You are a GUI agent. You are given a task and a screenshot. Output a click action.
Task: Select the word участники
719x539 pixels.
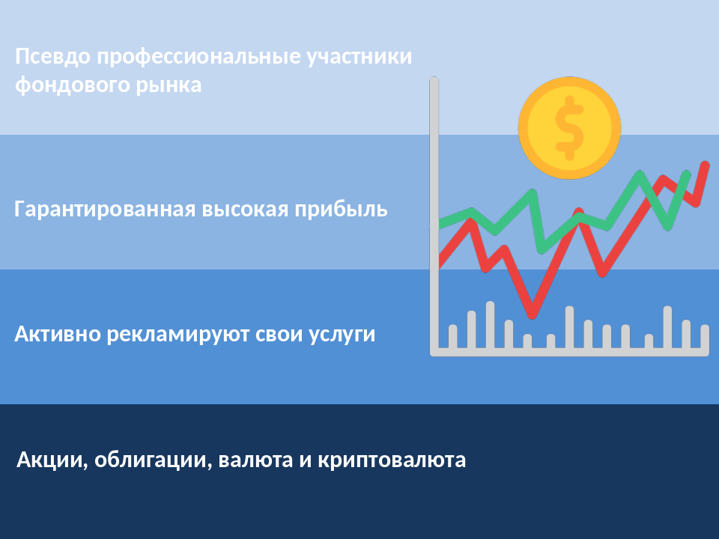coord(359,57)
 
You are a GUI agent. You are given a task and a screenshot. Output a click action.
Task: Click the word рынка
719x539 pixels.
coord(169,85)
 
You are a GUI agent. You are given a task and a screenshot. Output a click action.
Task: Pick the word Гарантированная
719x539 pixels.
coord(105,210)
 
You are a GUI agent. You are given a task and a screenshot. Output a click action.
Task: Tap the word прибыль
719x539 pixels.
coord(342,210)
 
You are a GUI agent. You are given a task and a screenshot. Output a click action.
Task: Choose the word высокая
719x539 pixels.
coord(246,210)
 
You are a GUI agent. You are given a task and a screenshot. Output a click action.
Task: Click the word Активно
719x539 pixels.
coord(58,334)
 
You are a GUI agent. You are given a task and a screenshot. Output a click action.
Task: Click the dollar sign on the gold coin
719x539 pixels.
coord(569,128)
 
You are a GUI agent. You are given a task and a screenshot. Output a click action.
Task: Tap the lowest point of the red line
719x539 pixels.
coord(533,315)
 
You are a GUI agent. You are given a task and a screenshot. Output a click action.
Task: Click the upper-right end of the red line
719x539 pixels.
coord(706,165)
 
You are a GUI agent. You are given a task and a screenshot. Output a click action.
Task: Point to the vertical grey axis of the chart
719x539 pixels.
coord(434,216)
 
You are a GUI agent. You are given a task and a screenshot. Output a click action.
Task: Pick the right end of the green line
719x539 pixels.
coord(687,174)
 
